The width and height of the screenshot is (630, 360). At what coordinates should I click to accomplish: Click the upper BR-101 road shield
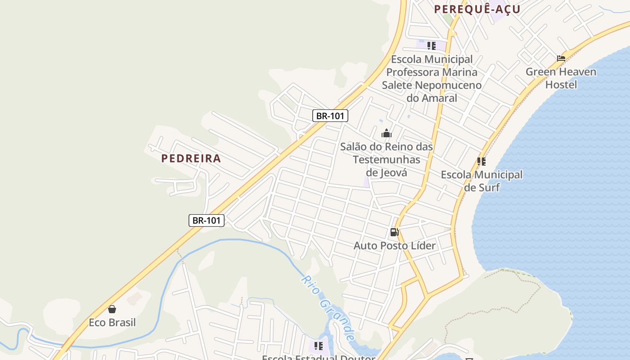point(330,116)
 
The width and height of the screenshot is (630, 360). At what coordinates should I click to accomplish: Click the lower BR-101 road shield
point(206,220)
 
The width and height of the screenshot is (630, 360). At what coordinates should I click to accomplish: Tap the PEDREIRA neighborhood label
point(191,158)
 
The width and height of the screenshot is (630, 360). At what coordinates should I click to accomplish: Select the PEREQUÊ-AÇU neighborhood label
point(477,9)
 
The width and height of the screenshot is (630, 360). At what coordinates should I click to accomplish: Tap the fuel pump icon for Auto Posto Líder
point(394,232)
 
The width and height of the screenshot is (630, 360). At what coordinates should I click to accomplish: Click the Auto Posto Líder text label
point(395,246)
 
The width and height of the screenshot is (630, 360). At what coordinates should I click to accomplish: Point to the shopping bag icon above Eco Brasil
point(112,309)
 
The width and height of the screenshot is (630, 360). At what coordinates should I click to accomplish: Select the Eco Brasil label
point(112,323)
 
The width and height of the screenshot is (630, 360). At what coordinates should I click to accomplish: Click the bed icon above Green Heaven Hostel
point(561,58)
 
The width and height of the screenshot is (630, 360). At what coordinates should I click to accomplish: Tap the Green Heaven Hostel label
point(561,78)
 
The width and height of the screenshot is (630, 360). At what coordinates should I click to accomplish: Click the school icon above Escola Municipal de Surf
point(481,161)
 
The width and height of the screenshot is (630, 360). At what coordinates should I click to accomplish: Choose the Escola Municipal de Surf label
point(481,180)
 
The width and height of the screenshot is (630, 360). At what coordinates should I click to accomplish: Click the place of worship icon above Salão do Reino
point(387,133)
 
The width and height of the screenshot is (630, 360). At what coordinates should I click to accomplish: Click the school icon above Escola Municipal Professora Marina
point(432,46)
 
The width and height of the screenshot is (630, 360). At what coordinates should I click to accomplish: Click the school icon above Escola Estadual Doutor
point(319,346)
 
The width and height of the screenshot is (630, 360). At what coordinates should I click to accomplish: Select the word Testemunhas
point(387,160)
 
